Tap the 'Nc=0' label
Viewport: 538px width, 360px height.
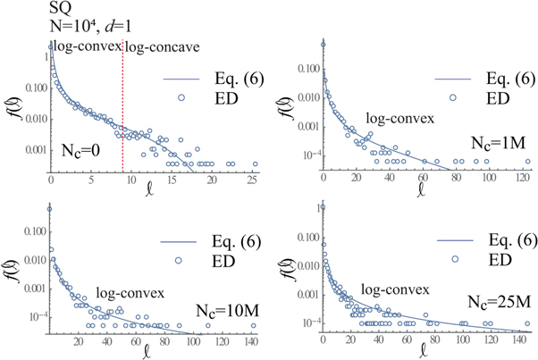point(81,149)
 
